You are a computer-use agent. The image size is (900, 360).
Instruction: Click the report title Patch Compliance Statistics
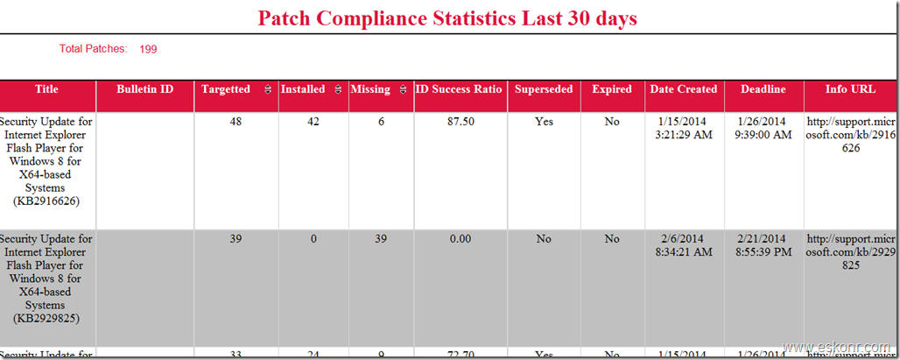click(447, 18)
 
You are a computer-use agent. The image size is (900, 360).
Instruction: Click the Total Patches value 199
click(148, 49)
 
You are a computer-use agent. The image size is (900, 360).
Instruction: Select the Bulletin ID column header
click(144, 89)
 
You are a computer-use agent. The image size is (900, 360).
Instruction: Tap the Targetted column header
click(225, 89)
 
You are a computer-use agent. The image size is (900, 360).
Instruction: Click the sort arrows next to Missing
click(403, 89)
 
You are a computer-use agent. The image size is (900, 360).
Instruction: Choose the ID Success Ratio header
click(460, 89)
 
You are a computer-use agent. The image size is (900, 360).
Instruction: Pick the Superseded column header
click(544, 89)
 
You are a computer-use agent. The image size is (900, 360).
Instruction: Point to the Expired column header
click(612, 89)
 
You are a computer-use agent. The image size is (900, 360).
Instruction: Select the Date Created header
click(684, 89)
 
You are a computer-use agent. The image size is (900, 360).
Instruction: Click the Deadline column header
click(763, 89)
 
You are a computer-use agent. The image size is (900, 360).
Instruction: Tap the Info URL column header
click(850, 89)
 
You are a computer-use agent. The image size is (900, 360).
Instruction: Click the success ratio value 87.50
click(461, 122)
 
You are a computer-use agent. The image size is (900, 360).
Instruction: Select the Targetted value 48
click(236, 122)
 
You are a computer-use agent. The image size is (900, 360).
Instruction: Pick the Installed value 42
click(313, 122)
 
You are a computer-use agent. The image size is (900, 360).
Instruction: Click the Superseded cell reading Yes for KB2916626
click(544, 122)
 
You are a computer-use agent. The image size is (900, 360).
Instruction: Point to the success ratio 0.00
click(461, 239)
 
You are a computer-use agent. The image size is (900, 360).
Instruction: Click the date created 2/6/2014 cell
click(684, 245)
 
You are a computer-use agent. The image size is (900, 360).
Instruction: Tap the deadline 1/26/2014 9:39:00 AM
click(763, 128)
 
